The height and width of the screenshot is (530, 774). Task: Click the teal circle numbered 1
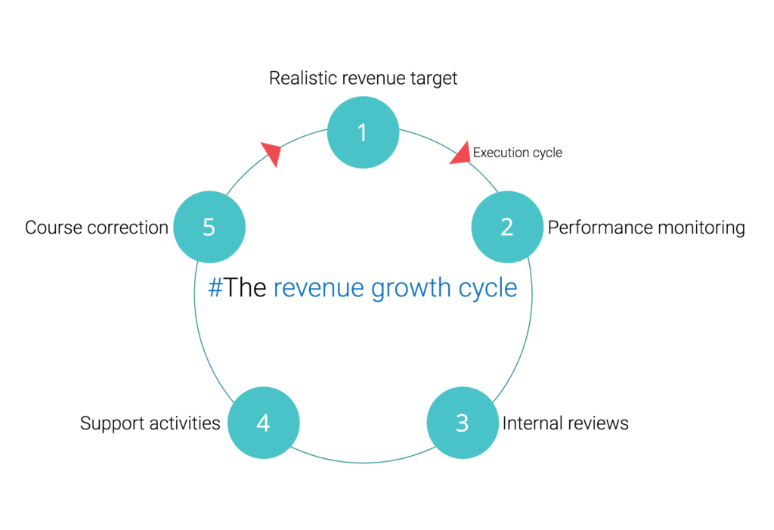point(363,132)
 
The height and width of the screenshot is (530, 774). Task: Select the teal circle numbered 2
point(507,227)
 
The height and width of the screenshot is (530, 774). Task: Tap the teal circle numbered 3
point(463,423)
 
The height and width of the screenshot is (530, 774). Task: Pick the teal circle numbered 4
point(263,423)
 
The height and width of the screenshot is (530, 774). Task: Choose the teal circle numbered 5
point(209,227)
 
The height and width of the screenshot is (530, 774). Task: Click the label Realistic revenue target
point(363,78)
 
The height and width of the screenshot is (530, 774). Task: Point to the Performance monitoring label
point(646,228)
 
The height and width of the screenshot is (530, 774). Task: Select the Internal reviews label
point(565,423)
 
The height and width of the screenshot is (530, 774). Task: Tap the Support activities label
point(150,423)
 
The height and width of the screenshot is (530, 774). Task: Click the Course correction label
point(96,228)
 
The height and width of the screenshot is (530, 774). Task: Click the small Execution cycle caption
point(517,153)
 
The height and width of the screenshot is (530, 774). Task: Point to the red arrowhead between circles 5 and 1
point(271,153)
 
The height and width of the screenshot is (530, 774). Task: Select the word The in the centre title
point(245,288)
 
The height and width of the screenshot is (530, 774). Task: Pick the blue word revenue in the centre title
point(319,289)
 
